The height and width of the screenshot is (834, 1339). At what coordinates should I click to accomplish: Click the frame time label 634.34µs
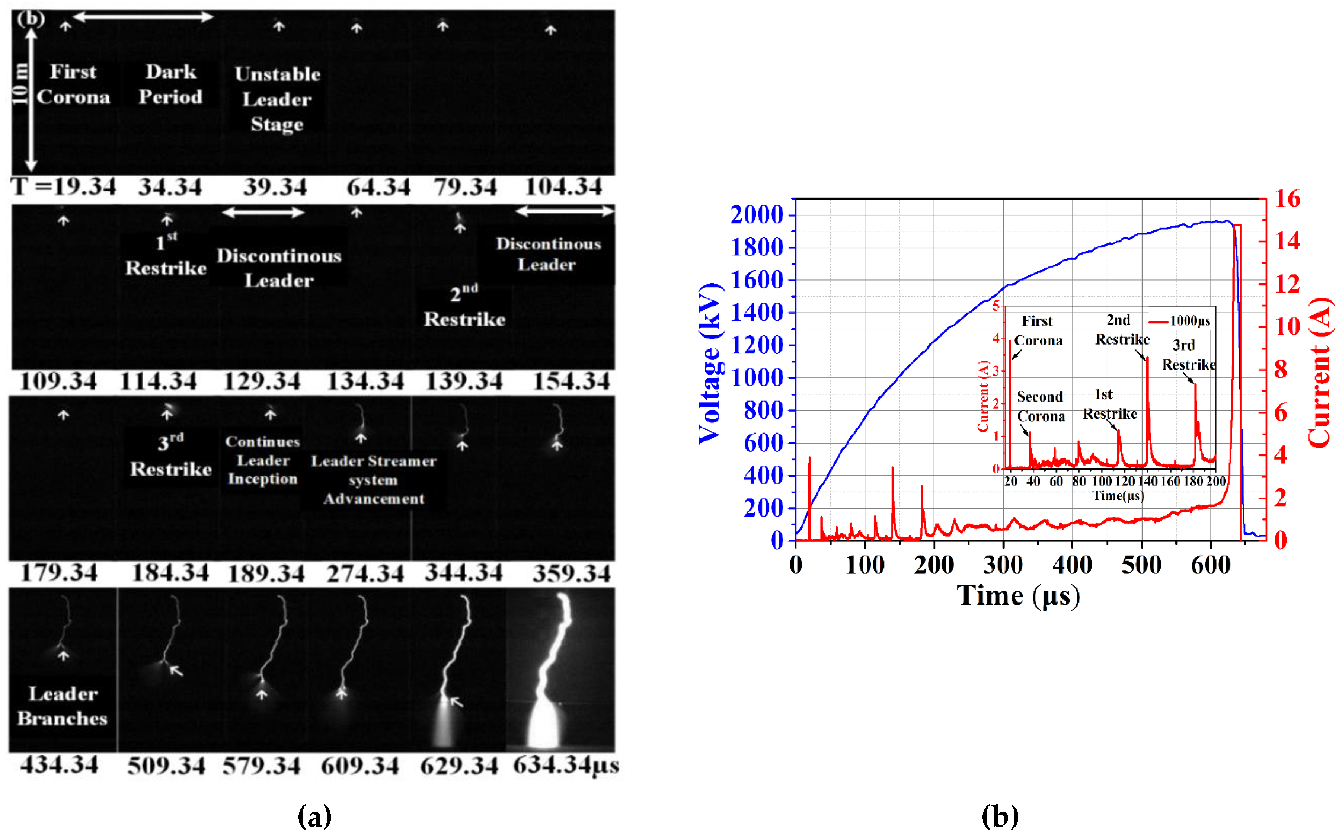(x=566, y=766)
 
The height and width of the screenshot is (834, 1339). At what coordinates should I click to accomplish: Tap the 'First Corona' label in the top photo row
(x=73, y=84)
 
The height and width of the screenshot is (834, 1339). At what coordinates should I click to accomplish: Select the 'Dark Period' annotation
(x=170, y=84)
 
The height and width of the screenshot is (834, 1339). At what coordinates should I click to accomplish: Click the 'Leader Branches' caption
(x=62, y=706)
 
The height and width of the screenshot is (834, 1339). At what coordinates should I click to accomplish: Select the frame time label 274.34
(x=365, y=573)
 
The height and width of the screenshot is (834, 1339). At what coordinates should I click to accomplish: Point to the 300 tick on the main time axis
(x=1003, y=565)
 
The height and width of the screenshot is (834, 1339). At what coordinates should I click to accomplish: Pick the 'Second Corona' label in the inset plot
(x=1040, y=406)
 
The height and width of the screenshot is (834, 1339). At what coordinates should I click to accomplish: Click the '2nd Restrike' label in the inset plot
(x=1121, y=329)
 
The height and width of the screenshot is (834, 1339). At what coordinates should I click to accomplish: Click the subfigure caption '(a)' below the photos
(x=314, y=815)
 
